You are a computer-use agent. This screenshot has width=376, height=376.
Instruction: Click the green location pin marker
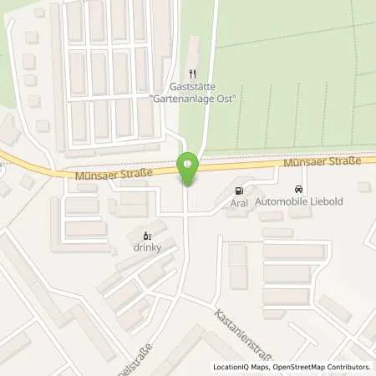coord(189,168)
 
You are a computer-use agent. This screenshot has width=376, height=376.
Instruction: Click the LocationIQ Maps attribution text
coord(243,367)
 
